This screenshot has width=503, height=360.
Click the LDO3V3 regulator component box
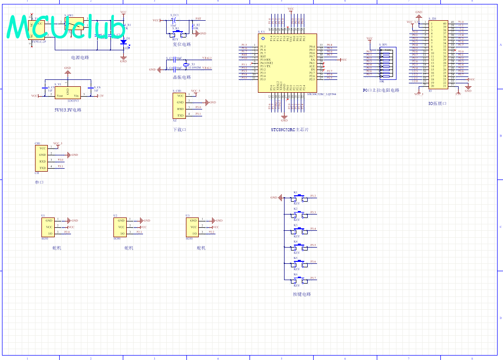point(68,92)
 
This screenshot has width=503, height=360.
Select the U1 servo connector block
point(48,227)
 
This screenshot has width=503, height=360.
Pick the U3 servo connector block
point(192,227)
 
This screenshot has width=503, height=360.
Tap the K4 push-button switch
point(298,246)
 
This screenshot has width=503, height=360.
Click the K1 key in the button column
point(298,197)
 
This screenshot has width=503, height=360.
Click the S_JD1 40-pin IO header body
point(438,55)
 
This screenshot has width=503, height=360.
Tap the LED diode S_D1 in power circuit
point(123,41)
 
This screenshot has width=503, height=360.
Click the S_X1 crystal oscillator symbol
point(186,65)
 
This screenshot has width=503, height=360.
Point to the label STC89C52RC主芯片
point(289,130)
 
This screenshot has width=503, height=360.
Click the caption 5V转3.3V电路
point(68,110)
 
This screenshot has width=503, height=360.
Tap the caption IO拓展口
point(437,104)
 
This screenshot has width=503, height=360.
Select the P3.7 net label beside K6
point(313,278)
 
